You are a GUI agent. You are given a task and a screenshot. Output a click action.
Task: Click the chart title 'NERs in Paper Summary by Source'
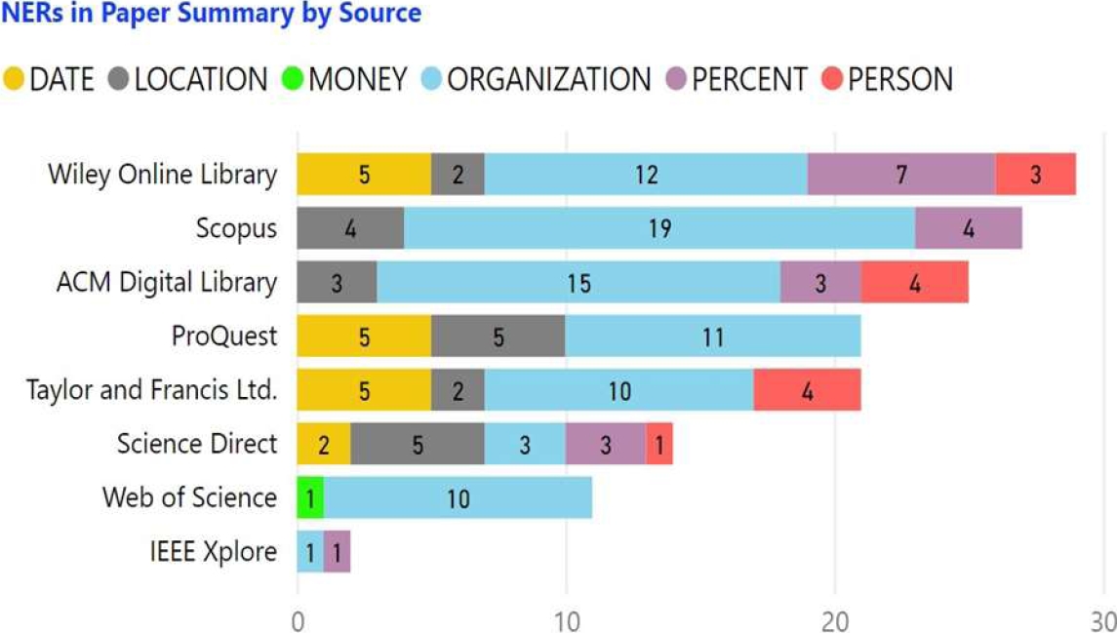tap(211, 14)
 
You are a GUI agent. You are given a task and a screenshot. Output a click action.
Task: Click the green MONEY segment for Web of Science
tap(310, 498)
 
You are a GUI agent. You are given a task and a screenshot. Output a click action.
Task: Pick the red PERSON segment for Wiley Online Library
tap(1035, 175)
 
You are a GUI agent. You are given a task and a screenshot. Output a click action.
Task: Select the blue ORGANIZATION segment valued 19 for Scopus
tap(659, 228)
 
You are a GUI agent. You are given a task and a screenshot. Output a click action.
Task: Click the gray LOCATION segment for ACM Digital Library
tap(337, 283)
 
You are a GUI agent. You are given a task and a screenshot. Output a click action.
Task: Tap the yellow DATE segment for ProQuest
tap(364, 336)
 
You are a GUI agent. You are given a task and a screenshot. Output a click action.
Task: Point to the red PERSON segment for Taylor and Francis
tap(807, 390)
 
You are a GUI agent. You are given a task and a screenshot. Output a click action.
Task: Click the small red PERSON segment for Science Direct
tap(659, 445)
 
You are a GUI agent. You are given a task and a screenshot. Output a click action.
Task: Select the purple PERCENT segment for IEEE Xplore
tap(337, 552)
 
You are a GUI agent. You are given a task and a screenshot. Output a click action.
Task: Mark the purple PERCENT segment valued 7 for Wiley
tap(901, 175)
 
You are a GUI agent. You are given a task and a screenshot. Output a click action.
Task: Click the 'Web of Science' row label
tap(189, 498)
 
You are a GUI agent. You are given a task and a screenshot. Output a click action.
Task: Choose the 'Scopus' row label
tap(236, 228)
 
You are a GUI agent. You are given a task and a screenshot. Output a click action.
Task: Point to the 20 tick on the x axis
tap(834, 618)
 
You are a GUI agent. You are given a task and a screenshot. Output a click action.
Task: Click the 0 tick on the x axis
tap(298, 618)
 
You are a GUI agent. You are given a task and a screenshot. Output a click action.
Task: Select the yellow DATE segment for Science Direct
tap(324, 445)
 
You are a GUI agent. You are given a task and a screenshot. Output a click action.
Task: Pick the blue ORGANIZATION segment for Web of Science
tap(458, 498)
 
